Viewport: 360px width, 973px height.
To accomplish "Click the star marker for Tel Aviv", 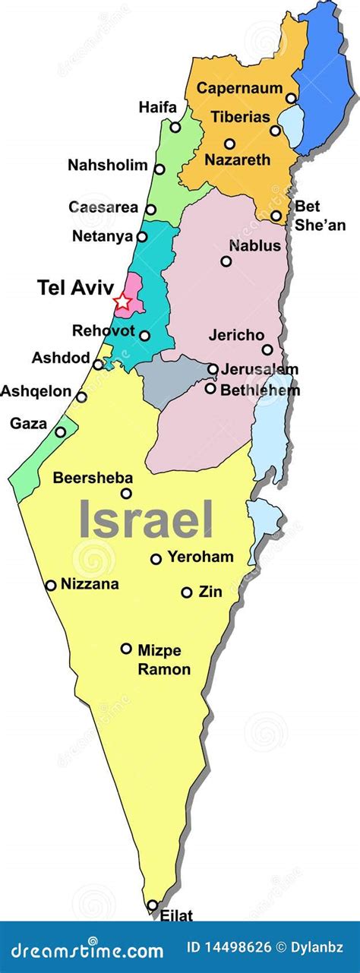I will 122,302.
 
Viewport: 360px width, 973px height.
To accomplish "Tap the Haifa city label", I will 157,108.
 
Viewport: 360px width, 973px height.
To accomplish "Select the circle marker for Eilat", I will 153,905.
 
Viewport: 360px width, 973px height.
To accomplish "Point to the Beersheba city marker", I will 126,494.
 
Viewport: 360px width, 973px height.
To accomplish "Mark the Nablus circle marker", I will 226,261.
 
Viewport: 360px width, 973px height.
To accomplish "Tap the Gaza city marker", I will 60,432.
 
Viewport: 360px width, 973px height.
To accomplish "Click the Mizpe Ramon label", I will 163,659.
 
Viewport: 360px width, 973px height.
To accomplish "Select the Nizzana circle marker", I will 51,585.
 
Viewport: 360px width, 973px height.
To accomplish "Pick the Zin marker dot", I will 186,592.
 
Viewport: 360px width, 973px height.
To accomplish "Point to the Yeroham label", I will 201,557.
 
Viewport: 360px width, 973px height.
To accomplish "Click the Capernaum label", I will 240,88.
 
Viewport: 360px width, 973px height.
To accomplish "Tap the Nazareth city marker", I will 229,144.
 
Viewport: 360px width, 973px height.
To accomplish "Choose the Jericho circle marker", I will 267,349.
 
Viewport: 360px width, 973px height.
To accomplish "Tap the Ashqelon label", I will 36,391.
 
